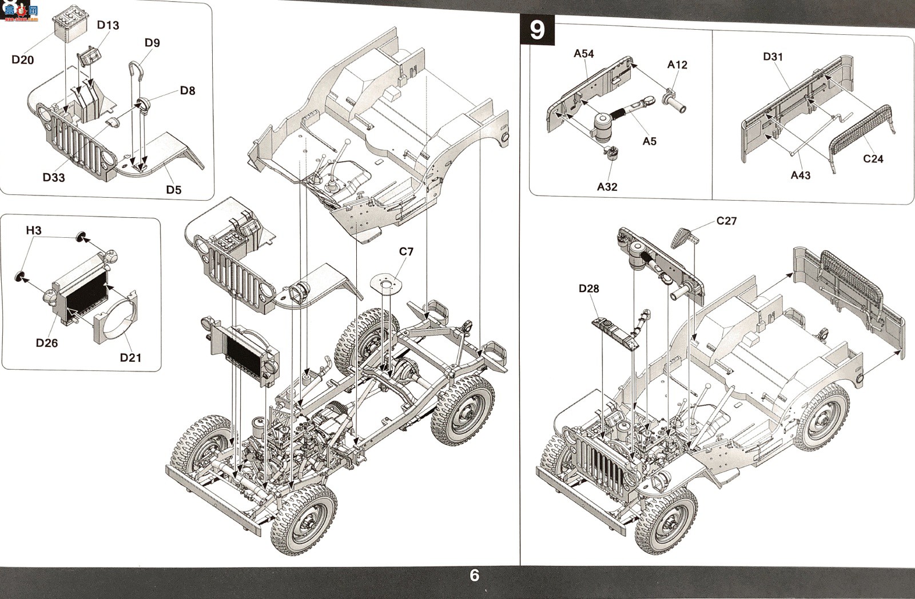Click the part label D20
tap(22, 59)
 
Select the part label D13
tap(108, 25)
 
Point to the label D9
tap(152, 42)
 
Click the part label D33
tap(54, 177)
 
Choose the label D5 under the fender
tap(174, 190)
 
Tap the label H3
tap(34, 231)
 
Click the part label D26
tap(46, 342)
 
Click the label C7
tap(406, 251)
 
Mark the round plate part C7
tap(385, 283)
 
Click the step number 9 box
tap(537, 30)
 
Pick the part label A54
tap(584, 54)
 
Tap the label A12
tap(677, 65)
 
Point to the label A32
tap(607, 186)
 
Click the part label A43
tap(800, 175)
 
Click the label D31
tap(773, 57)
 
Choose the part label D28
tap(588, 289)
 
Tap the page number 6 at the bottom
tap(474, 576)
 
